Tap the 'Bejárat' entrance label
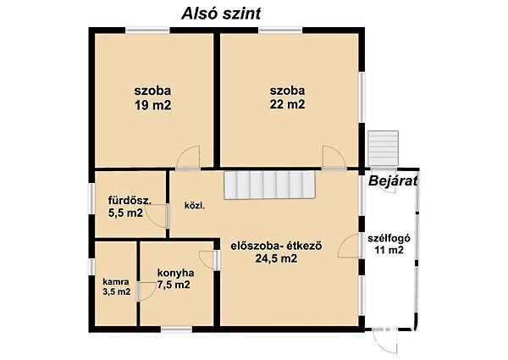tap(394, 180)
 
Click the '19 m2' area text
tap(152, 105)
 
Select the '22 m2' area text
tap(288, 105)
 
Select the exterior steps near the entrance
tap(384, 146)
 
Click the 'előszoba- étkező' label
tap(268, 247)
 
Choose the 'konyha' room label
tap(176, 273)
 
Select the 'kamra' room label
tap(115, 281)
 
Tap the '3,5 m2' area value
tap(117, 292)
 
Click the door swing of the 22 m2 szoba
tap(332, 157)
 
